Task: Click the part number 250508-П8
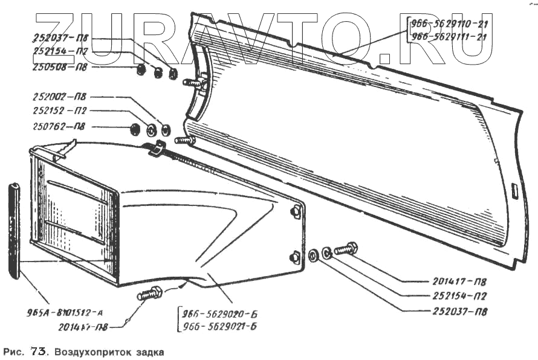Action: point(59,66)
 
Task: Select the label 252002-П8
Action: point(59,96)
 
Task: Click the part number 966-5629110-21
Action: point(449,24)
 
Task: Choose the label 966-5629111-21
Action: point(449,36)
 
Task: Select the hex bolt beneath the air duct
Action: point(149,294)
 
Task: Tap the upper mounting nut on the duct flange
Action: point(296,211)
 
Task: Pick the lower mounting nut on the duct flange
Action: point(295,257)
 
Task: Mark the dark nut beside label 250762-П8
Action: point(135,128)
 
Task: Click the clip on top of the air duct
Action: point(157,147)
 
